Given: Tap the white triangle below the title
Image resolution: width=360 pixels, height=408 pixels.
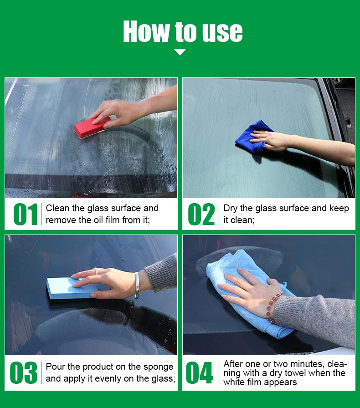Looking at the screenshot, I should click(x=180, y=52).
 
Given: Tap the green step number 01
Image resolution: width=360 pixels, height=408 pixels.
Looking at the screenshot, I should click(x=26, y=214).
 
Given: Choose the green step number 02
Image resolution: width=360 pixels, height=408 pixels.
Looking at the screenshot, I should click(x=201, y=214).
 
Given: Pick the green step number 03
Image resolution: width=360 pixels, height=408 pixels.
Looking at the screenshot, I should click(x=23, y=373).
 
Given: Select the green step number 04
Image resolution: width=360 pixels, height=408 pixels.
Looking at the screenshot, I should click(x=199, y=373).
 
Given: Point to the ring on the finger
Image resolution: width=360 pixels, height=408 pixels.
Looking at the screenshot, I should click(x=96, y=271).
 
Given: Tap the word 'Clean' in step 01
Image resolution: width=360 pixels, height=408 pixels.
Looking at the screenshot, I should click(x=58, y=209).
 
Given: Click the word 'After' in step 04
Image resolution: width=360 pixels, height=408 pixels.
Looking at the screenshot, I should click(x=234, y=364).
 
